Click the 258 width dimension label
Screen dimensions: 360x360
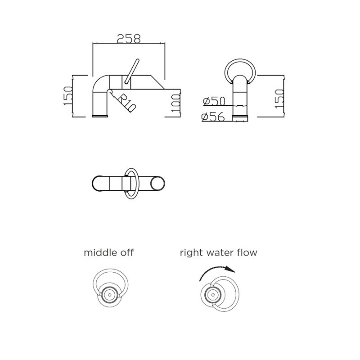click(129, 39)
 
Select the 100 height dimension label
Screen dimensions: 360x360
click(176, 103)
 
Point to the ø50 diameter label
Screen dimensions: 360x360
click(214, 101)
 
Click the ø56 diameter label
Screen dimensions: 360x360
click(213, 117)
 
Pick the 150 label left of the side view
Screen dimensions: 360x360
click(68, 96)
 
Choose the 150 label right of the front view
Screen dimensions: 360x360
click(279, 99)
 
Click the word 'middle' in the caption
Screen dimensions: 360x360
click(98, 252)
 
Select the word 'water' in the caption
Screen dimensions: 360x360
click(219, 253)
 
